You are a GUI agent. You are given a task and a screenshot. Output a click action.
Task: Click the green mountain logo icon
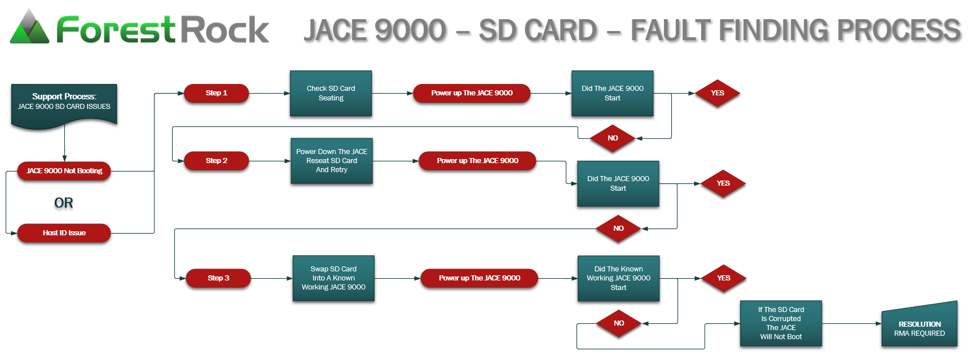click(29, 28)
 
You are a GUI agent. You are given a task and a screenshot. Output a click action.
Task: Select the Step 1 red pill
click(217, 93)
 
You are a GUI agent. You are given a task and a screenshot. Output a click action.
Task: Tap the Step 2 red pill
click(217, 161)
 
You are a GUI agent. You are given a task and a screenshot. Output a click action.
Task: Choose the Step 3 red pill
click(218, 278)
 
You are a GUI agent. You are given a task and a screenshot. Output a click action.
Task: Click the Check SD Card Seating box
click(331, 93)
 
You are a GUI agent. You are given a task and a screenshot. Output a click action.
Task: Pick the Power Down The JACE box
click(332, 161)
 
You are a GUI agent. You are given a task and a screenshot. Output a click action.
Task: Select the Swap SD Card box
click(333, 278)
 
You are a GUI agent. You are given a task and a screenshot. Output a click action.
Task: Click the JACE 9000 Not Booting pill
click(64, 171)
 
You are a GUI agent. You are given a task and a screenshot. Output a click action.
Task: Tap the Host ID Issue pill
click(64, 233)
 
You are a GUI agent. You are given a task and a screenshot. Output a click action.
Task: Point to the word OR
click(64, 203)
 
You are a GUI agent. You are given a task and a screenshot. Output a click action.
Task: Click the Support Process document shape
click(64, 104)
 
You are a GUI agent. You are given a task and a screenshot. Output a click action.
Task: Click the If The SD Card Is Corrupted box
click(781, 323)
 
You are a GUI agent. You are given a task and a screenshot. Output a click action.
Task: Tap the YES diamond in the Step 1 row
click(718, 93)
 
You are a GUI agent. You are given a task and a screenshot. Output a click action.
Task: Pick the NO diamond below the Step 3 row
click(619, 323)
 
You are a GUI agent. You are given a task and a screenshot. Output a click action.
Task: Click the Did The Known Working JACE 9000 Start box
click(618, 278)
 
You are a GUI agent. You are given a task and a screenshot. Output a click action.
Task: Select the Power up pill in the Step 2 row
click(477, 161)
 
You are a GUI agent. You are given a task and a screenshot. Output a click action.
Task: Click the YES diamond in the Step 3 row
click(724, 278)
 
